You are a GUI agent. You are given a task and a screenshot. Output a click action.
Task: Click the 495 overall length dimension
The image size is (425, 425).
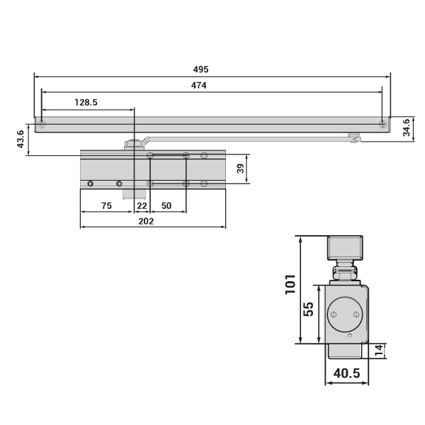click(201, 69)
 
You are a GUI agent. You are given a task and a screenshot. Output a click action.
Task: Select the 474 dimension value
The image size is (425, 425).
click(198, 86)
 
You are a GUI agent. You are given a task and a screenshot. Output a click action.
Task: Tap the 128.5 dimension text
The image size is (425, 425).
click(86, 102)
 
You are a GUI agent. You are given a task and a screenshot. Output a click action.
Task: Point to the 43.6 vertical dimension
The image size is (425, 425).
click(21, 139)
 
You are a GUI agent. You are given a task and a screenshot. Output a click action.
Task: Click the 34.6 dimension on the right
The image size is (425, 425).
click(407, 127)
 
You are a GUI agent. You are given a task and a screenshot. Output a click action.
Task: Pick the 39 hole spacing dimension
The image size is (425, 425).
click(240, 169)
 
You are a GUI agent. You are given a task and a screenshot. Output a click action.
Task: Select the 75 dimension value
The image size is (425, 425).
click(106, 205)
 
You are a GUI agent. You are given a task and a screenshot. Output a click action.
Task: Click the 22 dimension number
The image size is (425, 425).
click(142, 205)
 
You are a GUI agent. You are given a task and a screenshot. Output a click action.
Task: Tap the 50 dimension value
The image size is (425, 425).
click(166, 205)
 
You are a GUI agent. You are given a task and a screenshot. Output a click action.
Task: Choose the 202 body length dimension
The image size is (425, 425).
click(146, 222)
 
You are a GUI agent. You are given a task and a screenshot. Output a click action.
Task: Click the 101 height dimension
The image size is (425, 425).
click(290, 284)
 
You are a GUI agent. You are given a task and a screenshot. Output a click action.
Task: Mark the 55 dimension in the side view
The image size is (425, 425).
click(308, 310)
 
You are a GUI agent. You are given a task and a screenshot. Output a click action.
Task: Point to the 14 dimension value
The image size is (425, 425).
click(379, 351)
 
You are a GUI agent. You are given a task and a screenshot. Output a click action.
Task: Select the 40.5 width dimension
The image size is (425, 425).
click(346, 373)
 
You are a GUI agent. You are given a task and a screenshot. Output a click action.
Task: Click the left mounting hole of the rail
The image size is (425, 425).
click(42, 125)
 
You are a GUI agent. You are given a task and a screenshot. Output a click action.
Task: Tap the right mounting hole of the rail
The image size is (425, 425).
click(382, 125)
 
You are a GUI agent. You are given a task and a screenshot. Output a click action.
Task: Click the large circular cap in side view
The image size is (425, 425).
click(345, 314)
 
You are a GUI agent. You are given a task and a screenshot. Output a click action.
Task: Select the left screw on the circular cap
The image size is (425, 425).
click(334, 314)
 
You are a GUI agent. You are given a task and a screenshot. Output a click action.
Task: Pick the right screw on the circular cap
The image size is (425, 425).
click(356, 314)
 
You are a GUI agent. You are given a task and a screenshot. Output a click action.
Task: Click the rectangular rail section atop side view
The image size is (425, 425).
click(345, 248)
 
